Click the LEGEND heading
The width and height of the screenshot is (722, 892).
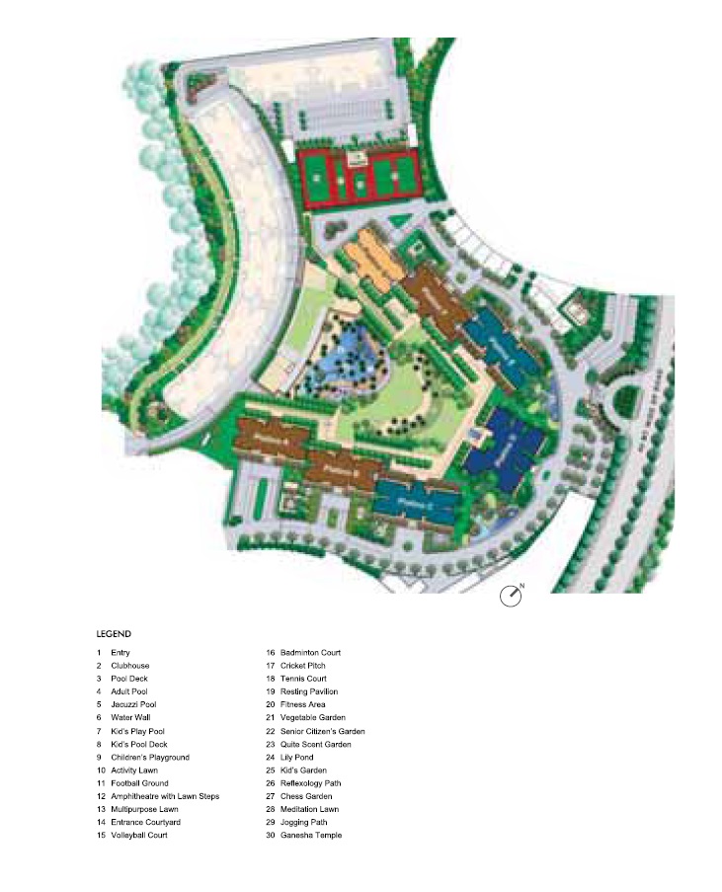[x=114, y=634]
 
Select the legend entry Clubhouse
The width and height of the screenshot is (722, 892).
[x=130, y=666]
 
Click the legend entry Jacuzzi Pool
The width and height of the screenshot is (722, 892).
[x=133, y=704]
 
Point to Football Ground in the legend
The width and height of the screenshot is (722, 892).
[x=140, y=783]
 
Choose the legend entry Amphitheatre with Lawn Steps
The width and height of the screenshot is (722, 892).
[x=165, y=796]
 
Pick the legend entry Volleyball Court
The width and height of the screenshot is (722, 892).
[x=139, y=835]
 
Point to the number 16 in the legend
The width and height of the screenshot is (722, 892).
[x=270, y=653]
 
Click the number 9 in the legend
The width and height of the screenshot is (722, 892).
[x=99, y=757]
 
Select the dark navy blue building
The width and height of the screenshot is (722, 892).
[x=506, y=451]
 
